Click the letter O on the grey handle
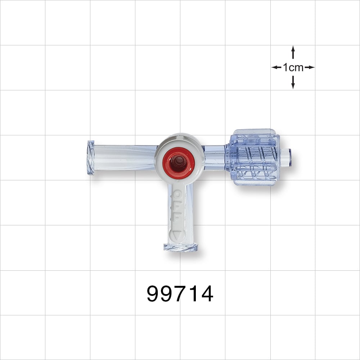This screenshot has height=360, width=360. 178,195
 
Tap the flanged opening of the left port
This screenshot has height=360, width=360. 91,158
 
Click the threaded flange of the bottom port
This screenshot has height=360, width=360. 181,247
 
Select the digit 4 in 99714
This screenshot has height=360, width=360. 206,294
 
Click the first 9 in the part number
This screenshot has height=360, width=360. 154,294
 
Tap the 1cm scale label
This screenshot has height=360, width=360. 293,67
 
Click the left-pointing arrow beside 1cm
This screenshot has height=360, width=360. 275,67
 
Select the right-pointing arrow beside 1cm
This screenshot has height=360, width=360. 311,67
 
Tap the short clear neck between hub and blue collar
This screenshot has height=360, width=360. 215,157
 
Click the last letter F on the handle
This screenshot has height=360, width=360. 177,218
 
